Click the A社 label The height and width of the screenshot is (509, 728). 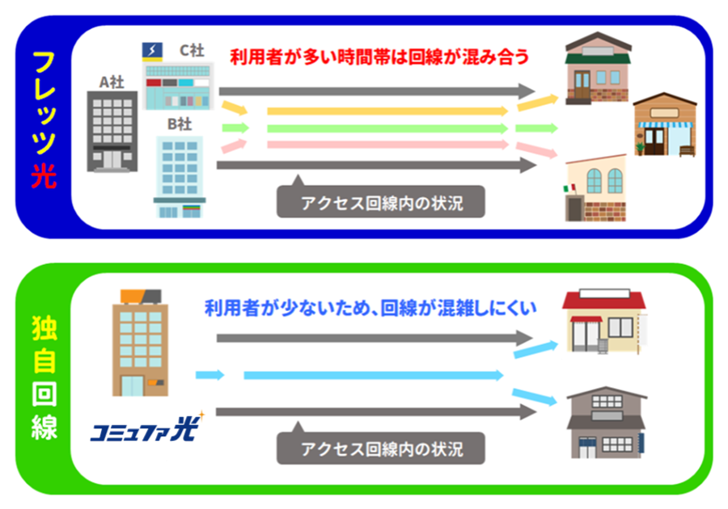pos(111,81)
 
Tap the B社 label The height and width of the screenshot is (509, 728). pos(179,124)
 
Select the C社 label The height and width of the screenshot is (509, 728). pos(191,50)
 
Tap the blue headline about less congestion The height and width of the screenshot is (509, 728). pos(371,308)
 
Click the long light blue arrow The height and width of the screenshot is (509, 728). pos(373,375)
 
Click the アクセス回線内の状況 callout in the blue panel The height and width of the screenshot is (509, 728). pos(381,202)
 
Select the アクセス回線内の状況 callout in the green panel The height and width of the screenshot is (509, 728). pos(381,448)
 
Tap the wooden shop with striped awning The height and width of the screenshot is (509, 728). pos(664,125)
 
